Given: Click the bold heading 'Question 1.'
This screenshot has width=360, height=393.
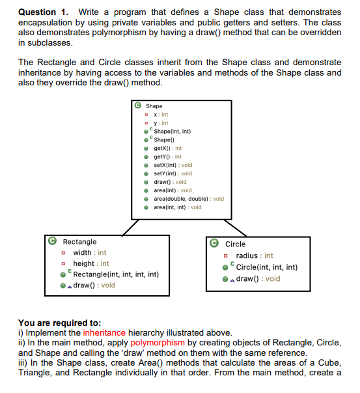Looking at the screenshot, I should click(x=43, y=12).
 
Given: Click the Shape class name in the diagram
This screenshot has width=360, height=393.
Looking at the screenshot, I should click(x=154, y=106).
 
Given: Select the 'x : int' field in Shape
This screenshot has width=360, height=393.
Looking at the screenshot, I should click(x=159, y=115).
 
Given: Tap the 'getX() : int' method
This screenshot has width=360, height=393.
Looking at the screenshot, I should click(x=167, y=148).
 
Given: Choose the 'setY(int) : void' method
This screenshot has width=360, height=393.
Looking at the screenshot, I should click(x=173, y=173).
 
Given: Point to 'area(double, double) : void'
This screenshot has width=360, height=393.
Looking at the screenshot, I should click(x=188, y=199).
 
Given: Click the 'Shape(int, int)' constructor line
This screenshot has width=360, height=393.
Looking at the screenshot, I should click(x=172, y=131).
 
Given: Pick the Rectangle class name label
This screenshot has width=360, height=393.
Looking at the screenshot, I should click(x=79, y=242).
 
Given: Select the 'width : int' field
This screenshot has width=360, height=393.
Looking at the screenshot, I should click(x=89, y=252).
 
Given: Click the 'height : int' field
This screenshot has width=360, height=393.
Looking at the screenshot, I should click(x=90, y=263).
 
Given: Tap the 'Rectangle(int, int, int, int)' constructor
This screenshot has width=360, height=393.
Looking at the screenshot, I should click(x=116, y=274).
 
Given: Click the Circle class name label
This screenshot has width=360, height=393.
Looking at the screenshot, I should click(x=235, y=244).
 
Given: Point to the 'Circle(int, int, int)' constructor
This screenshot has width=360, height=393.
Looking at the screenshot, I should click(x=267, y=267).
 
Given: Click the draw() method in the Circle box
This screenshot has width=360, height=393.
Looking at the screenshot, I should click(x=258, y=278).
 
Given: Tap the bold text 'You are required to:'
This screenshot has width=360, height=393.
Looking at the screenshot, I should click(x=59, y=323).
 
